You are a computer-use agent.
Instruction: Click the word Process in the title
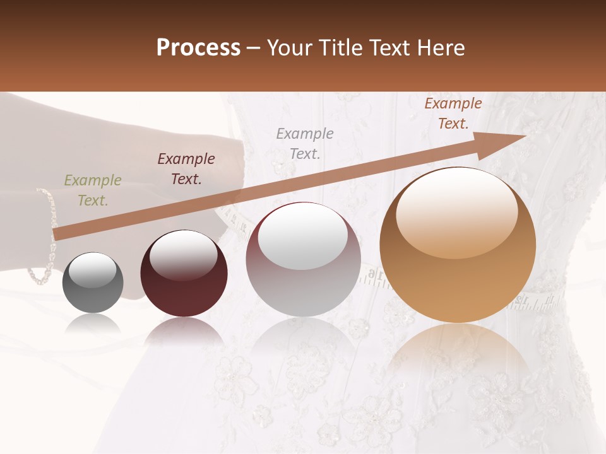[198, 48]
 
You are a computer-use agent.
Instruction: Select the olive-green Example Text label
[92, 190]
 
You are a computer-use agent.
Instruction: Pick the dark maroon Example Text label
[186, 169]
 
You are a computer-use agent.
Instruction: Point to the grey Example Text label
[305, 144]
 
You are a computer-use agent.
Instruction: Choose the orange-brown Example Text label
[453, 113]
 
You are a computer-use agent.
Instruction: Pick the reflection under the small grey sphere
[93, 325]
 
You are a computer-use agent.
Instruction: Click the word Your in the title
[288, 48]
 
